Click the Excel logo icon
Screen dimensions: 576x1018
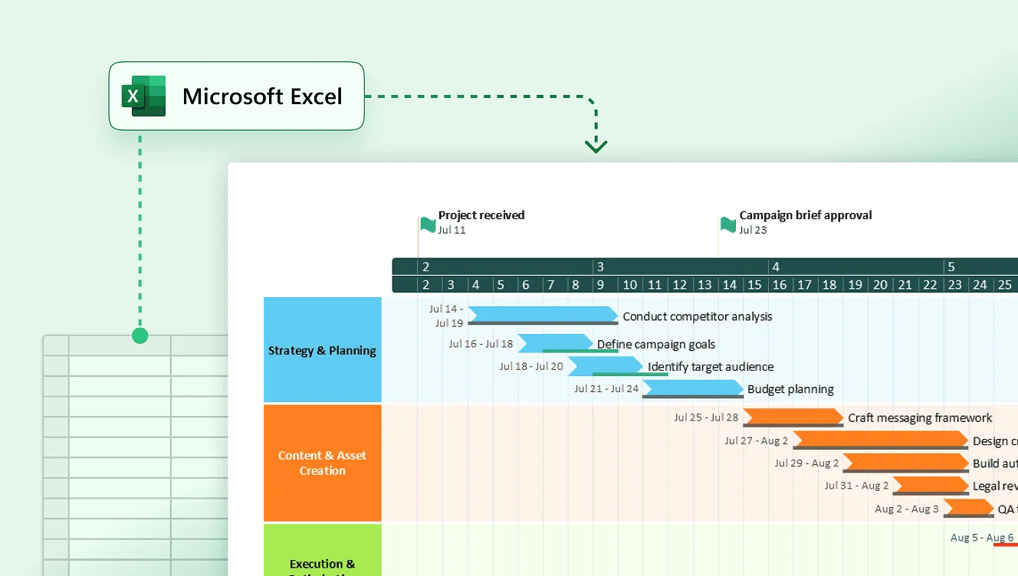(x=143, y=97)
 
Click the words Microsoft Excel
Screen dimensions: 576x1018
(x=262, y=97)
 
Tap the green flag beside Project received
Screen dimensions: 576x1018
(x=428, y=224)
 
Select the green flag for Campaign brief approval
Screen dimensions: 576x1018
(x=728, y=224)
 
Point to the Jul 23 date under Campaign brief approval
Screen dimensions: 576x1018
(x=753, y=230)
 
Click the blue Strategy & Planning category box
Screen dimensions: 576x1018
(x=322, y=350)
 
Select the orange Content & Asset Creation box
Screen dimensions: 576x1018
(x=322, y=463)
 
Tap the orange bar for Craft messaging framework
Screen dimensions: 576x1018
(x=793, y=417)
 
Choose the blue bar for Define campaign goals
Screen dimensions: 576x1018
(x=555, y=342)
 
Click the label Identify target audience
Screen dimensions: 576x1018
(x=711, y=367)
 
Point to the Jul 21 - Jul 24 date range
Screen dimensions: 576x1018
(x=606, y=389)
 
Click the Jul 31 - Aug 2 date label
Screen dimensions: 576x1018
(x=856, y=486)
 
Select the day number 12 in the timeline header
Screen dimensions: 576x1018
(x=679, y=285)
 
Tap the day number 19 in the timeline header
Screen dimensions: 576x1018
(x=855, y=285)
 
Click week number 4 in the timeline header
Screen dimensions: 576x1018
(x=776, y=267)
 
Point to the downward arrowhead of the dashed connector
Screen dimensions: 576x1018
(x=596, y=146)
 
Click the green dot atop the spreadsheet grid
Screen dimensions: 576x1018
(x=140, y=335)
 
